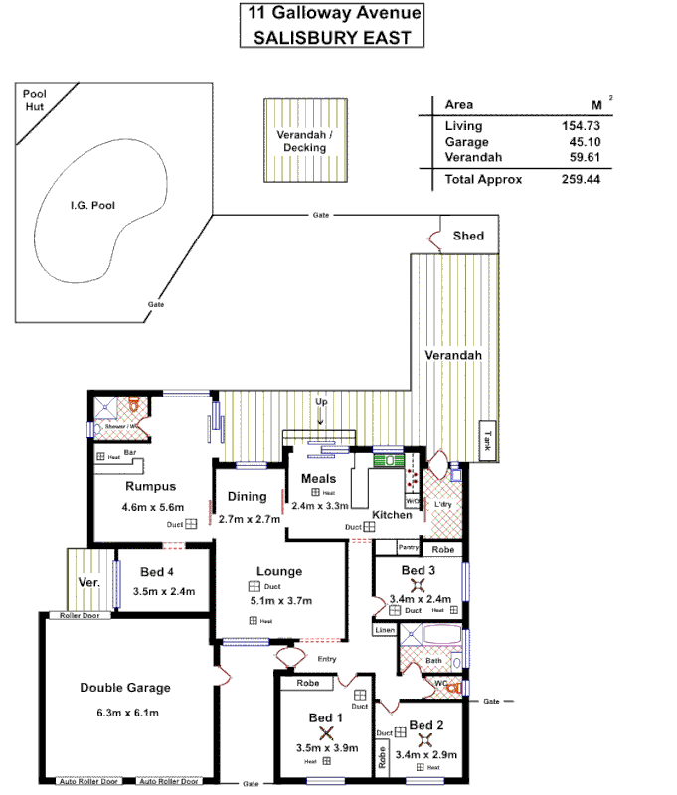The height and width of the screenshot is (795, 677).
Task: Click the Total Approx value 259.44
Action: click(x=582, y=180)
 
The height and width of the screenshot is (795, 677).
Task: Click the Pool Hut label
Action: click(x=35, y=99)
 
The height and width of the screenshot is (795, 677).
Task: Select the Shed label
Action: click(x=468, y=237)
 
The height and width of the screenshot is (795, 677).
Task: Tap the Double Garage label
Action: click(x=125, y=688)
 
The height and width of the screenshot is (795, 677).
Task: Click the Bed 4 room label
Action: click(x=158, y=571)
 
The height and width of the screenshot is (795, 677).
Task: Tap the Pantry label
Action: click(x=408, y=547)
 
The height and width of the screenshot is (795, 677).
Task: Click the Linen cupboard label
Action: click(x=385, y=630)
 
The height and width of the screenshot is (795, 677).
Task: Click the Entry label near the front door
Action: click(x=325, y=659)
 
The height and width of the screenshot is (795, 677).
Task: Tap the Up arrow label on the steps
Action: click(x=320, y=401)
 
